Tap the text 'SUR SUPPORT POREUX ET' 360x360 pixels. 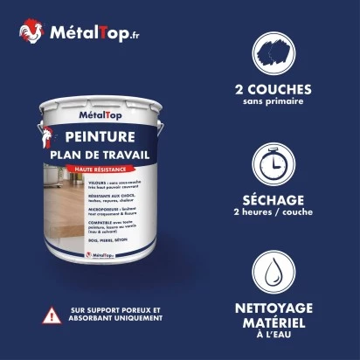coord(116,310)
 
